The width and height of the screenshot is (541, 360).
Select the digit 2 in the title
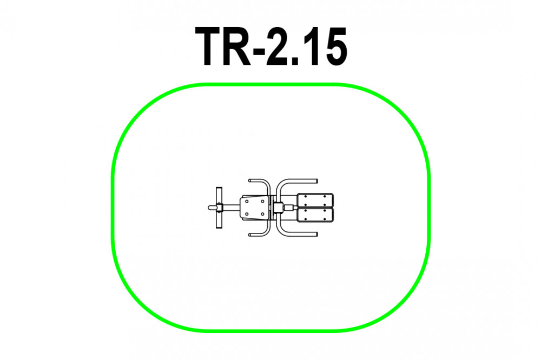click(279, 46)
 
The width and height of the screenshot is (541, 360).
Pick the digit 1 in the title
click(311, 46)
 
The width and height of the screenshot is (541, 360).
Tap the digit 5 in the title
click(334, 46)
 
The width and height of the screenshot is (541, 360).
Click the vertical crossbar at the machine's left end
click(219, 208)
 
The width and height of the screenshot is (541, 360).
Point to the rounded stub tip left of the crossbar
click(209, 208)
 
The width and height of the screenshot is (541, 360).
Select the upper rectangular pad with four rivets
click(315, 201)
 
